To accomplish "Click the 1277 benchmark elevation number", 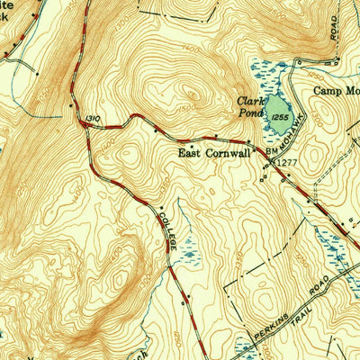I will pyautogui.click(x=286, y=162).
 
